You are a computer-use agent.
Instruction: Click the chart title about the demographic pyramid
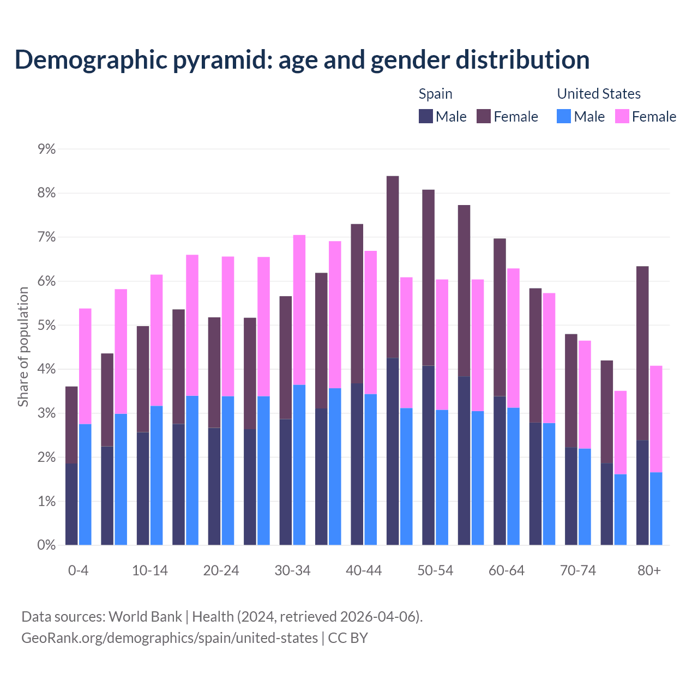(x=302, y=60)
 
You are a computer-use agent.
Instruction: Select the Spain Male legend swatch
(x=426, y=117)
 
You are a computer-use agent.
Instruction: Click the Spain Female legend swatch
(x=484, y=117)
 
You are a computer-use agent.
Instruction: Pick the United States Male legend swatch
(x=564, y=117)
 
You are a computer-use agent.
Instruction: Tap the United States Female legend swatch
(x=622, y=117)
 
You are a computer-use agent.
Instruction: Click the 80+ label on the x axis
(x=649, y=571)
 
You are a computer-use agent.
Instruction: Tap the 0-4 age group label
(x=78, y=571)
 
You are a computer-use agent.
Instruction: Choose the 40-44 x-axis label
(x=364, y=571)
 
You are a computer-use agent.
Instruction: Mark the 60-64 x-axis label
(x=507, y=571)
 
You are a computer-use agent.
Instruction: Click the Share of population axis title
(x=23, y=347)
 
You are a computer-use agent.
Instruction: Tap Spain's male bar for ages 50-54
(x=429, y=455)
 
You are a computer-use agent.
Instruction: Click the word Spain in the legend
(x=435, y=94)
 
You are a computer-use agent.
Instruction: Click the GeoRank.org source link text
(x=170, y=638)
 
